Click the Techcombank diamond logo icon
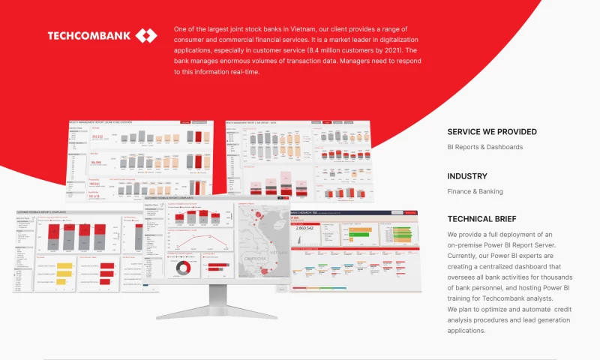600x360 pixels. coord(146,35)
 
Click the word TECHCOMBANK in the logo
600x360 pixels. coord(88,35)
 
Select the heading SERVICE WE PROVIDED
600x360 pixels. coord(491,132)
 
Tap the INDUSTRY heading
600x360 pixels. coord(467,176)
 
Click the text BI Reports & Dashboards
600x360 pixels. coord(484,147)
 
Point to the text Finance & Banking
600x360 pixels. coord(475,191)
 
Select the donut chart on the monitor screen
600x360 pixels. coord(182,268)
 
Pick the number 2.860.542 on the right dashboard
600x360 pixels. coord(304,227)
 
